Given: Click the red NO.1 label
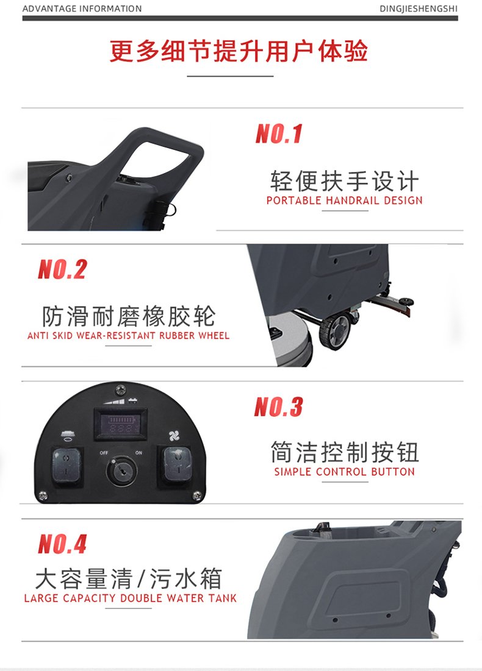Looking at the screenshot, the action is coord(279,133).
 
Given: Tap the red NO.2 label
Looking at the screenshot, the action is coord(63,269).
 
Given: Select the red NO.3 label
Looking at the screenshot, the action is coord(278,407).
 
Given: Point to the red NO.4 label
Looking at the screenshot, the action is coord(63,544).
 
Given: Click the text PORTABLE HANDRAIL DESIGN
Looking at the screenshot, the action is coord(345,201).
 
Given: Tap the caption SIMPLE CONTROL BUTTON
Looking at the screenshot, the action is coord(345,472).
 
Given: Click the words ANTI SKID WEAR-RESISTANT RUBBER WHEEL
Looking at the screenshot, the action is coord(129,335).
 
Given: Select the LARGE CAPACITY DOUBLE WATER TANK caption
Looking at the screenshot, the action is coord(130,598).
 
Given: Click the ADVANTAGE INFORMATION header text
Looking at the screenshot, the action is coord(82,9).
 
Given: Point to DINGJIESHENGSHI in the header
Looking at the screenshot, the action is coord(419,9).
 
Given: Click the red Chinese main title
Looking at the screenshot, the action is coord(239,51).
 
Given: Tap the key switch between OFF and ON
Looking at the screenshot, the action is coord(122,470).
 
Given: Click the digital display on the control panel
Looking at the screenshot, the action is coord(121,424).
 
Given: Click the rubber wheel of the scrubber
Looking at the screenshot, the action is coord(335,331).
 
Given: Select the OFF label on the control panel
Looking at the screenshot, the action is coord(104,453).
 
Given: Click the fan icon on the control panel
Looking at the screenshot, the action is coord(174,436).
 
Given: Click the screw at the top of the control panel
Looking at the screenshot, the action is coord(120,389).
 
